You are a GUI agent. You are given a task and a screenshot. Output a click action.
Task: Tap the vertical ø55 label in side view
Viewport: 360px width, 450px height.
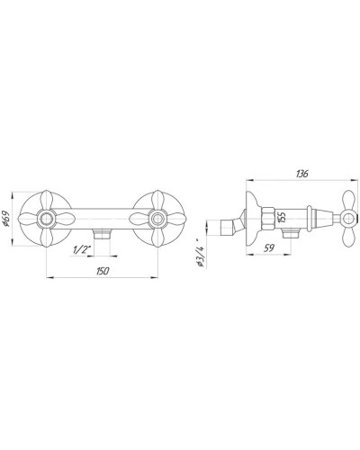(x=282, y=217)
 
